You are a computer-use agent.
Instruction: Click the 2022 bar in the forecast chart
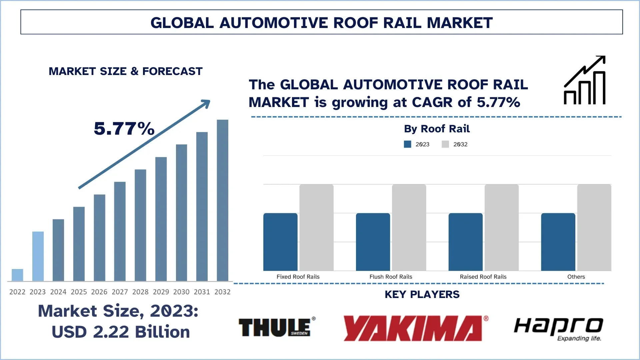pyautogui.click(x=17, y=275)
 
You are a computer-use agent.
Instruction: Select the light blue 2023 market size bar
pyautogui.click(x=38, y=256)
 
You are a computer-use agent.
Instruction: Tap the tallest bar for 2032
pyautogui.click(x=222, y=200)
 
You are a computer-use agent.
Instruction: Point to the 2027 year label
pyautogui.click(x=120, y=292)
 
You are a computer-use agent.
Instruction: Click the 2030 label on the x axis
pyautogui.click(x=181, y=292)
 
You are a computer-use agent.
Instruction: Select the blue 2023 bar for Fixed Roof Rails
pyautogui.click(x=280, y=242)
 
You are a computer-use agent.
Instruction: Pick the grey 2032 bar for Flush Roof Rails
pyautogui.click(x=409, y=227)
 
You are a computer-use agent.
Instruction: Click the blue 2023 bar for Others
pyautogui.click(x=558, y=242)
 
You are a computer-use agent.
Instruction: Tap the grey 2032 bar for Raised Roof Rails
pyautogui.click(x=501, y=227)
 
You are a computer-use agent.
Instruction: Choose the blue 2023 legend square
pyautogui.click(x=407, y=144)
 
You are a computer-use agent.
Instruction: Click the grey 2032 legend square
pyautogui.click(x=445, y=144)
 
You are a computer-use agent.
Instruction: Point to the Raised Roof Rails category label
pyautogui.click(x=483, y=277)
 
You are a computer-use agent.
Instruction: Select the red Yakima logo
pyautogui.click(x=415, y=328)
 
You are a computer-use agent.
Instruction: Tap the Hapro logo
pyautogui.click(x=559, y=328)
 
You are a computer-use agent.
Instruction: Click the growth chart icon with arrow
pyautogui.click(x=585, y=80)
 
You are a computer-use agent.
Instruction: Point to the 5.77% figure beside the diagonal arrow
pyautogui.click(x=124, y=129)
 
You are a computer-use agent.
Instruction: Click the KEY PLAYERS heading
pyautogui.click(x=422, y=294)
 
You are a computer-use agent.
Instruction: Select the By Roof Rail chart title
pyautogui.click(x=437, y=129)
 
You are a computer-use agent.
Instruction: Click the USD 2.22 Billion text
pyautogui.click(x=121, y=332)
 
